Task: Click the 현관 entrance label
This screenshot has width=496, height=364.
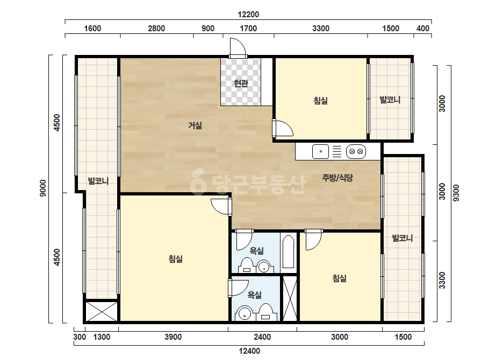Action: coord(241,83)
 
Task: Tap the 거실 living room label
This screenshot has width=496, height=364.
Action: coord(195,125)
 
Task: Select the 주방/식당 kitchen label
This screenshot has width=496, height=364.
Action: coord(337,178)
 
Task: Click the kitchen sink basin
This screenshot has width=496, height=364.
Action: coord(320,151)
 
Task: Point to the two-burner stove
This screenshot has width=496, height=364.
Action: coord(356,151)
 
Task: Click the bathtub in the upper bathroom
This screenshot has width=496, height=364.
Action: coord(289,252)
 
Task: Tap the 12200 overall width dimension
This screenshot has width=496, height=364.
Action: coord(248,15)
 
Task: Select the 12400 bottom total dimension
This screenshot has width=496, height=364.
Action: coord(249,351)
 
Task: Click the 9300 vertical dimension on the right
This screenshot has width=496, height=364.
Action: coord(456,193)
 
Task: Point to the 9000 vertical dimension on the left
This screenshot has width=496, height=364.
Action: coord(43,188)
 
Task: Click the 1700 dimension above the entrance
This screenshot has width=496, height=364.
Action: coord(248,29)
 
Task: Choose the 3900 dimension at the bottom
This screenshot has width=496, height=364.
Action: coord(173,337)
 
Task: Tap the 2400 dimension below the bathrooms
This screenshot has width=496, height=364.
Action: coord(262,337)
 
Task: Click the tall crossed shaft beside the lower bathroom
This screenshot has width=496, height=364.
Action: coord(290,299)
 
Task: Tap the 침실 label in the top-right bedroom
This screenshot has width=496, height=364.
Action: coord(320,101)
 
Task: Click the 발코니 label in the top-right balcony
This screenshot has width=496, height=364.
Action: coord(390,100)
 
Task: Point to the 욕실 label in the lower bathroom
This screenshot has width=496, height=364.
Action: coord(254,295)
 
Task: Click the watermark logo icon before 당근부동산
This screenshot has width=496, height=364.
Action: coord(198,181)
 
